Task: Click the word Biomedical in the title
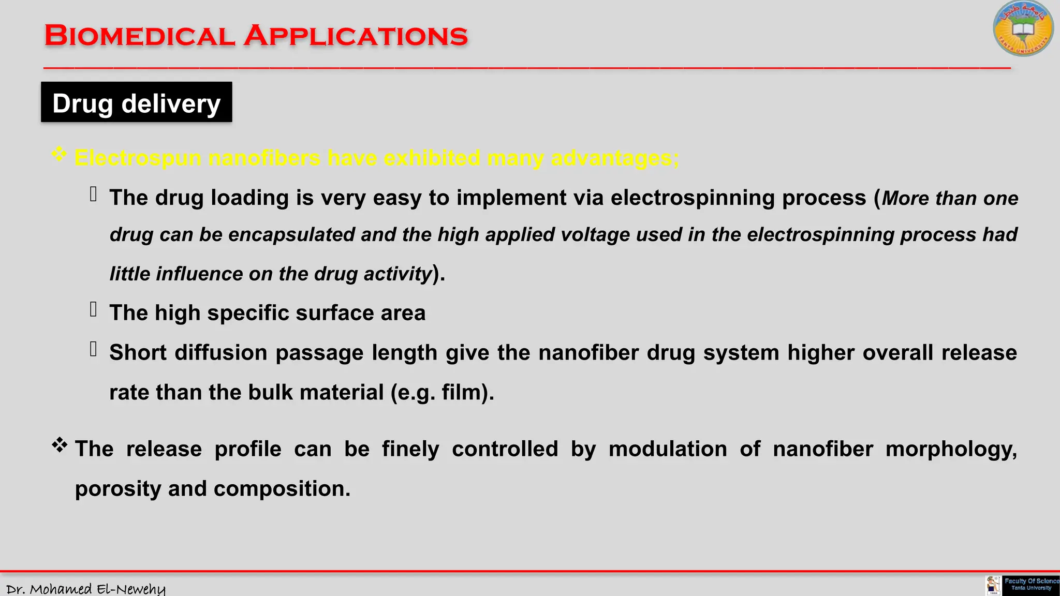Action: tap(140, 36)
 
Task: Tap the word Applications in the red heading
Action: tap(356, 36)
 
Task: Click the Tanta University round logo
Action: tap(1023, 29)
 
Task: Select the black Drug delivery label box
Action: tap(137, 102)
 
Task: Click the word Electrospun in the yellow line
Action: tap(138, 158)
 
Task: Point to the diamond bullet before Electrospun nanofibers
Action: tap(60, 154)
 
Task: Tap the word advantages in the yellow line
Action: tap(614, 158)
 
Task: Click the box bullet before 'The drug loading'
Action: tap(94, 195)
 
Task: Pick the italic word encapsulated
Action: tap(291, 235)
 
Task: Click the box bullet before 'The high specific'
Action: tap(94, 309)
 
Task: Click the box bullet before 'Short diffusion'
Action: tap(94, 349)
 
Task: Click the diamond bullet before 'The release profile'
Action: tap(60, 445)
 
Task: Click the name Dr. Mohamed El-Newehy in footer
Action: tap(86, 589)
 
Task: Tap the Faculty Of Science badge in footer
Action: tap(1030, 585)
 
